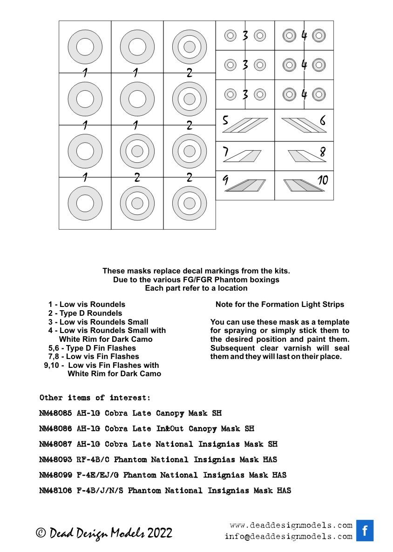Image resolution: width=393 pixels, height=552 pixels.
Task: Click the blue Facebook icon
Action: point(365,530)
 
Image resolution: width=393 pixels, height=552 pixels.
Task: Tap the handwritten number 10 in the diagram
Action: point(323,180)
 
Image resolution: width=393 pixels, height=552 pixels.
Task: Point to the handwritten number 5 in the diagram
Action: point(225,121)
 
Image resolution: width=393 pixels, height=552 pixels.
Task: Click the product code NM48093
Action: point(56,459)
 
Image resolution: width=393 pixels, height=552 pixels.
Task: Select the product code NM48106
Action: point(56,491)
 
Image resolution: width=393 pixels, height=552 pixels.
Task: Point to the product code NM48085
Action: point(56,413)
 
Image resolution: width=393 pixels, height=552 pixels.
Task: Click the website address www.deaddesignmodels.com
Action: point(291,525)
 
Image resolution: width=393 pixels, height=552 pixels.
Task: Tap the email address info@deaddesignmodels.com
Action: point(288,536)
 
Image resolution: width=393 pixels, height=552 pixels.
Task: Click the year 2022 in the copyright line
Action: point(160,533)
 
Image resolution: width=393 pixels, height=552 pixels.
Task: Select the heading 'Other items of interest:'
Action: point(95,398)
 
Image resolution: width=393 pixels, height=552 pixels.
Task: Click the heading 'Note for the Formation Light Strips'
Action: point(280,305)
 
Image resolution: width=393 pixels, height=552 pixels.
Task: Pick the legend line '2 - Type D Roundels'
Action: point(85,313)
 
